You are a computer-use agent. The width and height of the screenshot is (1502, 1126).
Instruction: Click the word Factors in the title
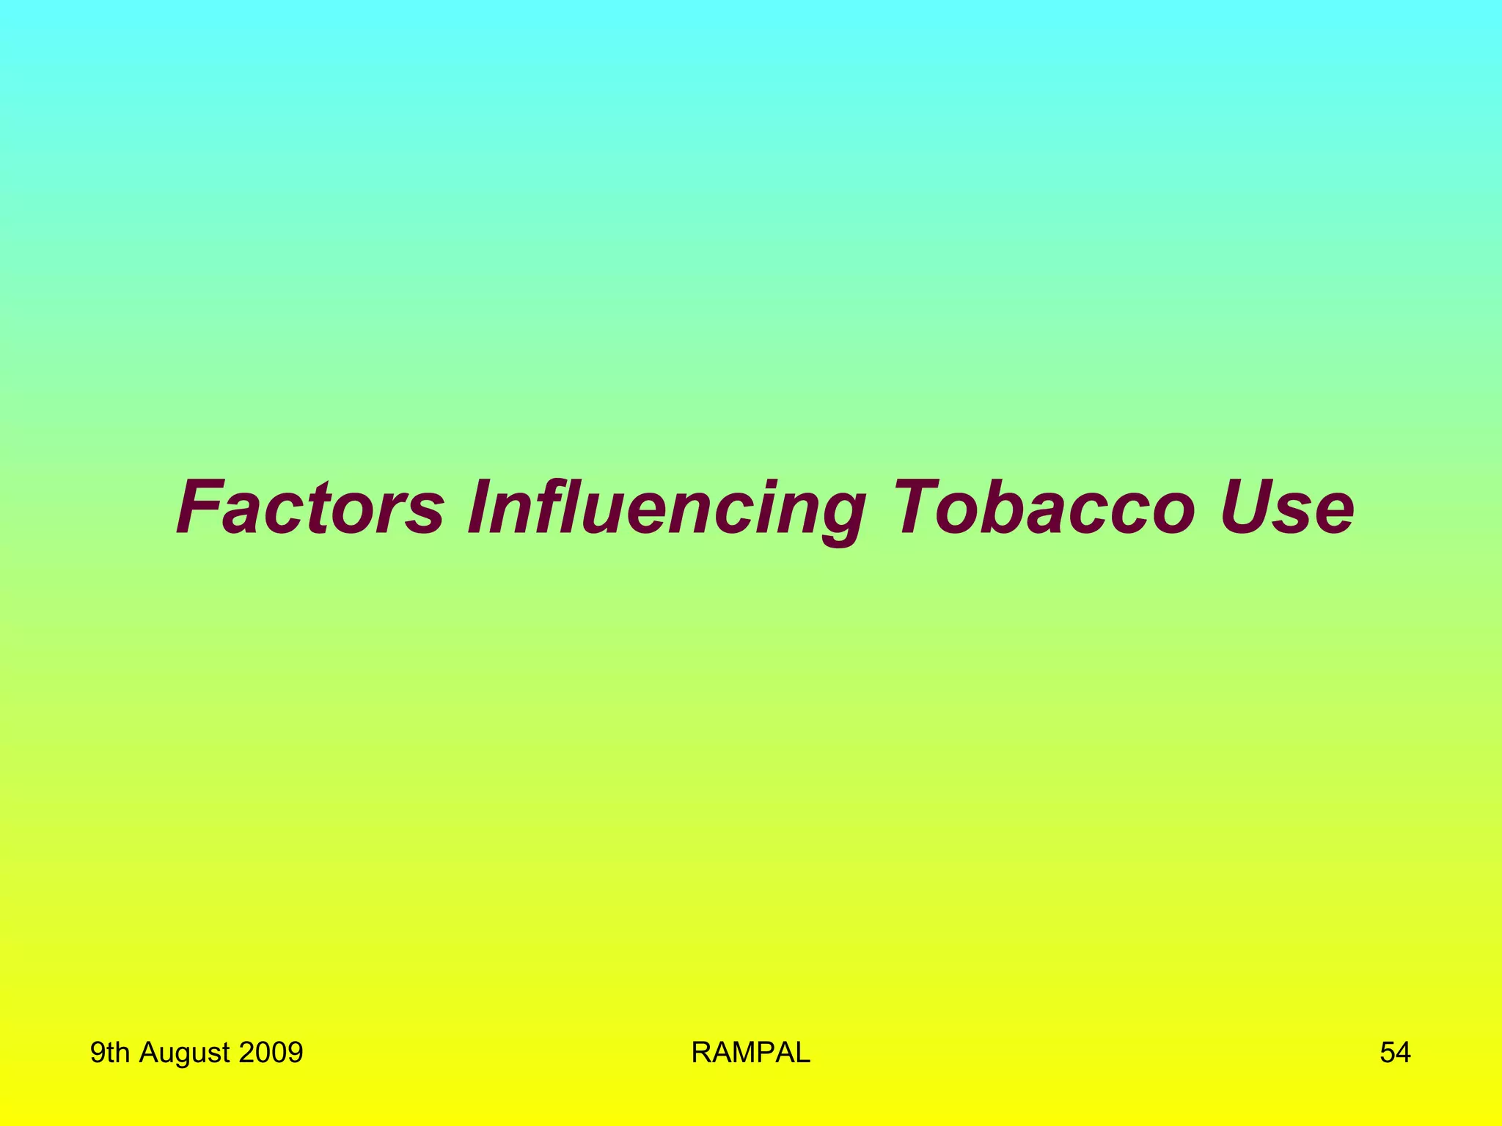pos(310,507)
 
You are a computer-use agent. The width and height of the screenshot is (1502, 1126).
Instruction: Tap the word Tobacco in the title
pos(1044,507)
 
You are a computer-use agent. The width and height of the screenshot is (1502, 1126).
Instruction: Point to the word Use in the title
pos(1287,507)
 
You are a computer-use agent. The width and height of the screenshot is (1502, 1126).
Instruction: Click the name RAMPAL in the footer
pos(750,1053)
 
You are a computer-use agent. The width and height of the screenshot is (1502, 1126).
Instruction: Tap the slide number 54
pos(1395,1053)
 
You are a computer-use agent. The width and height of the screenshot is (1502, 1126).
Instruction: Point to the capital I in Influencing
pos(480,507)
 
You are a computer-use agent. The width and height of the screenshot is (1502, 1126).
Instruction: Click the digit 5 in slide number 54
pos(1388,1053)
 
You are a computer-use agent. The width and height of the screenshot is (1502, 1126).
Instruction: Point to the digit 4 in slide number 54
pos(1403,1053)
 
